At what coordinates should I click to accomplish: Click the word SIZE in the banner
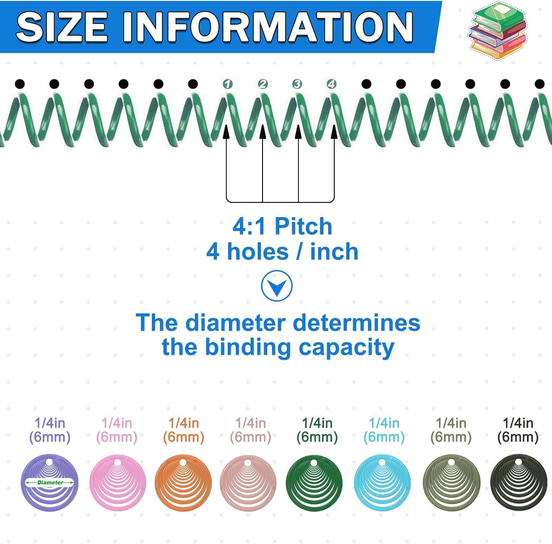(62, 27)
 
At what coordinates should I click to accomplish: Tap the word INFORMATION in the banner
(268, 27)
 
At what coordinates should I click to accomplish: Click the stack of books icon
(498, 30)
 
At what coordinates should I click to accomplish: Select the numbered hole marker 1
(228, 84)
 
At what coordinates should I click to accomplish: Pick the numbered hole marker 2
(262, 84)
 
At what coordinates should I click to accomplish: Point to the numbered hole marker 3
(297, 84)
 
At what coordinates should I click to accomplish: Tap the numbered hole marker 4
(332, 84)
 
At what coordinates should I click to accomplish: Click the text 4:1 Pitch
(282, 226)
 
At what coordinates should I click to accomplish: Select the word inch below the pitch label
(334, 252)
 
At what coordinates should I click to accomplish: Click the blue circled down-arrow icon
(277, 286)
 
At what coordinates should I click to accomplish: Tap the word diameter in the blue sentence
(236, 323)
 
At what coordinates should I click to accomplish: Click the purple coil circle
(50, 482)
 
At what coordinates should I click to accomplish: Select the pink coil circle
(118, 482)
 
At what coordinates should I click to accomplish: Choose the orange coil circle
(183, 482)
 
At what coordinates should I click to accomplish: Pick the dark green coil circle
(314, 482)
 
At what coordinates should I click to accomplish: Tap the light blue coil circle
(383, 482)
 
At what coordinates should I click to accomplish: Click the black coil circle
(519, 482)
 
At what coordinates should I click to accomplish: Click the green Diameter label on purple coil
(50, 482)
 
